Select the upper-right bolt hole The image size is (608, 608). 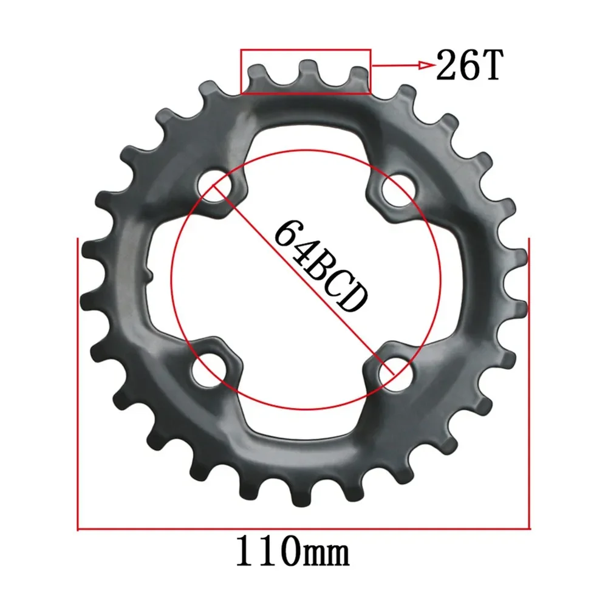tap(394, 189)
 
